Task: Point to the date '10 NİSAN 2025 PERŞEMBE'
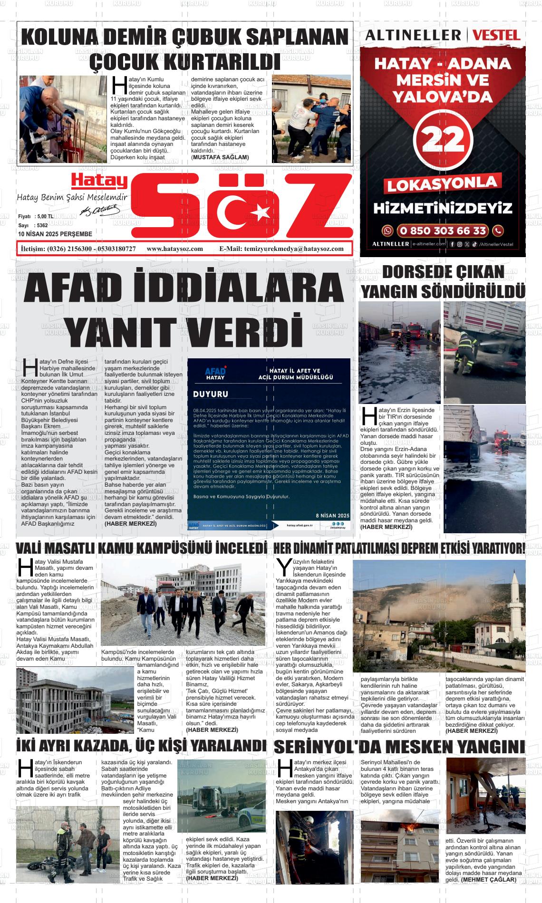click(x=55, y=234)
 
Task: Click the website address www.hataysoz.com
click(x=174, y=249)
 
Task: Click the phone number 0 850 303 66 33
click(x=443, y=231)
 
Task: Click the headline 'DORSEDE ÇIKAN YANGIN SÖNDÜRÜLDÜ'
click(x=443, y=282)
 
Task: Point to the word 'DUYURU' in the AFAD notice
click(x=211, y=394)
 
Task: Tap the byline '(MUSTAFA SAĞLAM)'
click(x=220, y=157)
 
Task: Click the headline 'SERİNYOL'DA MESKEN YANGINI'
click(x=399, y=747)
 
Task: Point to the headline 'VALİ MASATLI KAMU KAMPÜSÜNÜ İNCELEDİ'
click(x=141, y=548)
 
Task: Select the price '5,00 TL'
click(x=44, y=217)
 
